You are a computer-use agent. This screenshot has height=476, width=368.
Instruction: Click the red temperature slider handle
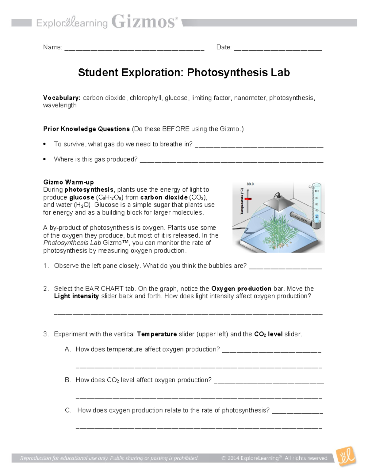tap(248, 199)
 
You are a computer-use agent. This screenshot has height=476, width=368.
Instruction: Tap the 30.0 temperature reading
tap(250, 184)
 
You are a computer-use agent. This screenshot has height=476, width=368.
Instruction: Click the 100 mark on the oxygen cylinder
tap(317, 191)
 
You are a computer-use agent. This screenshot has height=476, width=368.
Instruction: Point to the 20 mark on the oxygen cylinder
tap(317, 216)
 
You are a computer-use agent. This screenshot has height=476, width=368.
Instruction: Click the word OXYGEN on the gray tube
tap(301, 219)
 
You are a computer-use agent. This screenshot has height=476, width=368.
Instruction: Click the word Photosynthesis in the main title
tap(227, 73)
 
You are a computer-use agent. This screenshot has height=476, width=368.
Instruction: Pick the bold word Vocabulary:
tap(62, 98)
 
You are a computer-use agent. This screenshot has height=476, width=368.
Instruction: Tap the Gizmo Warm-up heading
tap(68, 182)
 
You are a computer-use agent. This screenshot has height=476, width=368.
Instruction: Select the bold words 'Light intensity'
tap(76, 296)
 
